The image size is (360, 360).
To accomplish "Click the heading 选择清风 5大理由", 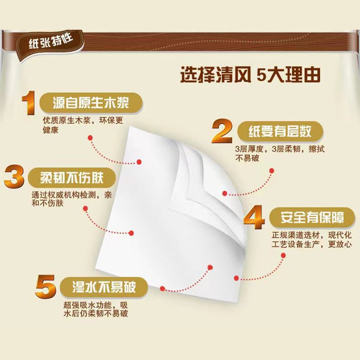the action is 250,75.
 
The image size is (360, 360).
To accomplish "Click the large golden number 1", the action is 29,103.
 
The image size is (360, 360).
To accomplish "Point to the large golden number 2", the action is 222,131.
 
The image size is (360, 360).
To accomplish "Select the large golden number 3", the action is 14,176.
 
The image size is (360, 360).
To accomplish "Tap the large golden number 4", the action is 254,217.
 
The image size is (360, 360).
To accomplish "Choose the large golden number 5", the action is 45,287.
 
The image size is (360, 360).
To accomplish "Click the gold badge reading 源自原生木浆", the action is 91,103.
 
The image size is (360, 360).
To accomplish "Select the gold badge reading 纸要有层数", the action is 280,132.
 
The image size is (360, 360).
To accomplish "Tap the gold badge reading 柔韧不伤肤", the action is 72,178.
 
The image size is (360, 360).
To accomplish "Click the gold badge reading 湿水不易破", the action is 104,287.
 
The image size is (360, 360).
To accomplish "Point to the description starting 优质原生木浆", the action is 83,125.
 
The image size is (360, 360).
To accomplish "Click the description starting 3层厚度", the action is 279,153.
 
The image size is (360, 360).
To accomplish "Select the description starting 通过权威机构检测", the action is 72,199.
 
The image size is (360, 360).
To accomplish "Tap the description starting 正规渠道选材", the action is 311,239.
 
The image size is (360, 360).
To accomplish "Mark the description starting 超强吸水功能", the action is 95,309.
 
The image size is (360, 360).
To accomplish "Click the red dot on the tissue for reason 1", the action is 139,162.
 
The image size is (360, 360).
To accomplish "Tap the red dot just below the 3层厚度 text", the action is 272,171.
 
